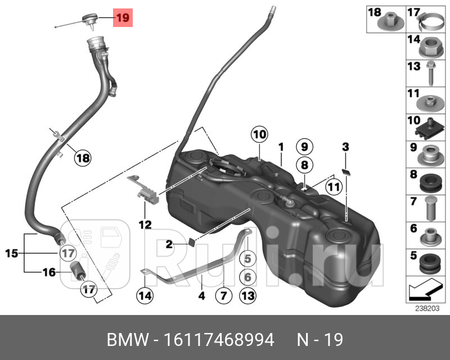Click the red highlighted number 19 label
coord(123,18)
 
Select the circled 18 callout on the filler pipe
coord(83,158)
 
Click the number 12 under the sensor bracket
coord(145,225)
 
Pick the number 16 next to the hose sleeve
coord(49,273)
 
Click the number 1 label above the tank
coord(280,147)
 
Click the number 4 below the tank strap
coord(201,295)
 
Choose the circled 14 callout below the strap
coord(144,295)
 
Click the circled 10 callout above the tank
coord(258,134)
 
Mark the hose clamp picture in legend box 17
coord(431,23)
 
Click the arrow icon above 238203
coord(425,290)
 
